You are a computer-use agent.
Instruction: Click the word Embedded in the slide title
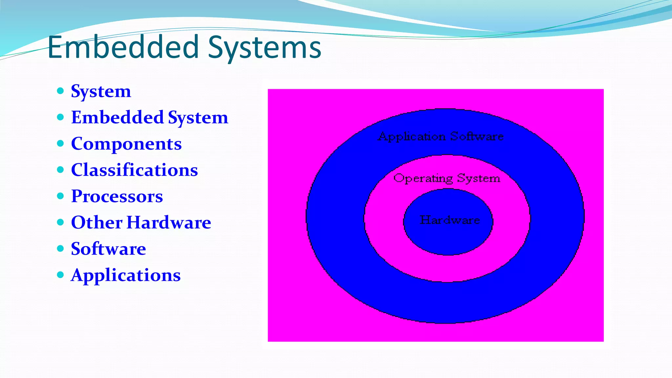pos(123,48)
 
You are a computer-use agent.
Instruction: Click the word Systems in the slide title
pos(264,48)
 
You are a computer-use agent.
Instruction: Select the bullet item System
pos(101,91)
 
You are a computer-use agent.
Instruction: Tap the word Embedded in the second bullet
pos(117,117)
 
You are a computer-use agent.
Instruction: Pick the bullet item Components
pos(126,144)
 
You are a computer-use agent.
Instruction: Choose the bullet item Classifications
pos(135,170)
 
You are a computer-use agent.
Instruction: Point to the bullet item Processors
pos(117,196)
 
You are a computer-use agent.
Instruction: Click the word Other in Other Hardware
pos(97,222)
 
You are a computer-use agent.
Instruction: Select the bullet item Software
pos(108,249)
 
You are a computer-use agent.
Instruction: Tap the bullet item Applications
pos(126,275)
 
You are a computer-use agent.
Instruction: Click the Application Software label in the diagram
pos(441,136)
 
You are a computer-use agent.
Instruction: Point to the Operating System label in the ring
pos(447,178)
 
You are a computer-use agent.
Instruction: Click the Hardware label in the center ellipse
pos(450,220)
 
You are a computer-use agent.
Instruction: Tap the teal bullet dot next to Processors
pos(60,196)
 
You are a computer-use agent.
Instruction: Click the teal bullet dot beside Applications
pos(60,275)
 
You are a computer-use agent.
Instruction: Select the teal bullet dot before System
pos(60,91)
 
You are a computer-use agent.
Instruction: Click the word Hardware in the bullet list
pos(169,222)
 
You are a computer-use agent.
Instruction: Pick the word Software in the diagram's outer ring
pos(476,136)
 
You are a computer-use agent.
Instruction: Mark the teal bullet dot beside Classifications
pos(60,170)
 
